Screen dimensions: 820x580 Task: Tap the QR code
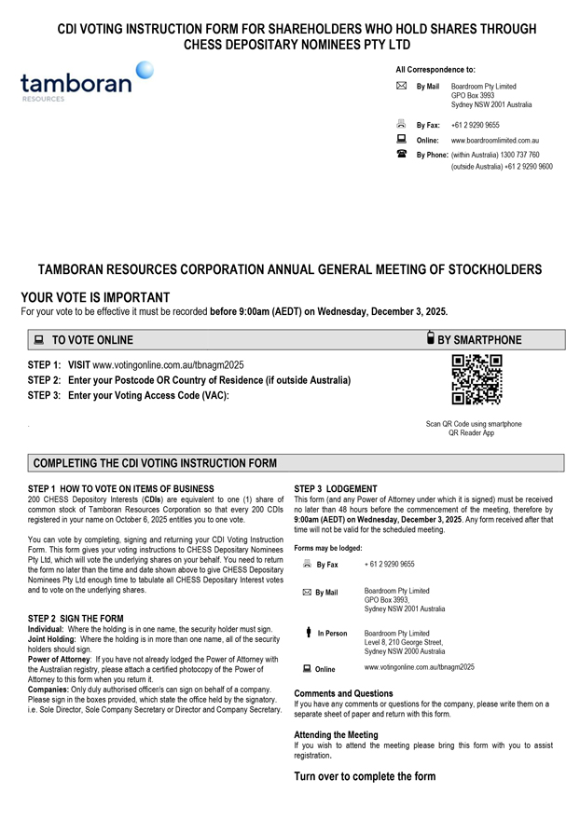[476, 379]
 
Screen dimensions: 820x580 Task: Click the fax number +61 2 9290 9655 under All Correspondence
[475, 125]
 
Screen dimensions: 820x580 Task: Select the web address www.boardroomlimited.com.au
[495, 140]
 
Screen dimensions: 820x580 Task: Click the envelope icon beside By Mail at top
[401, 87]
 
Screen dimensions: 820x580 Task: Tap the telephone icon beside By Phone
[401, 154]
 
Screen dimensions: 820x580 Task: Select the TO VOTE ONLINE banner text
[92, 340]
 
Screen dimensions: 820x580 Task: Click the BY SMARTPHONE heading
[479, 340]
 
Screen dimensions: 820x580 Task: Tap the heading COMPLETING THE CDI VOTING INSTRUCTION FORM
[155, 463]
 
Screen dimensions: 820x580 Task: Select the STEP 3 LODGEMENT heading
[336, 489]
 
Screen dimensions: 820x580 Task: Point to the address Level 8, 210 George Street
[403, 642]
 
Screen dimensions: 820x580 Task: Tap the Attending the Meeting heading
[336, 734]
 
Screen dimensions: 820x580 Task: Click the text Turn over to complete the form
[365, 776]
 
